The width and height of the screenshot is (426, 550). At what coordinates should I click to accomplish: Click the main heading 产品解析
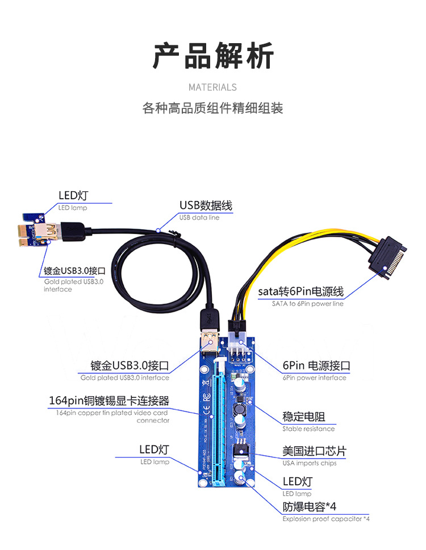[x=213, y=56]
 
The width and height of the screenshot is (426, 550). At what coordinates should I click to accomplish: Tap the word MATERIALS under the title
[x=212, y=87]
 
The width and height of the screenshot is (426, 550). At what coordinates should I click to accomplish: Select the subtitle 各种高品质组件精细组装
[x=212, y=108]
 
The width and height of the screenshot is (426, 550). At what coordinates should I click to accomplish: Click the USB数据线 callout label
[x=206, y=205]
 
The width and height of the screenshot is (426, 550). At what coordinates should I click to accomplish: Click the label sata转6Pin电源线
[x=300, y=292]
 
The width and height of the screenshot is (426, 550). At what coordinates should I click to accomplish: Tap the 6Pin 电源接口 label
[x=316, y=365]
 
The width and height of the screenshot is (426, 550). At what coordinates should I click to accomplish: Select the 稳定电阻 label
[x=304, y=417]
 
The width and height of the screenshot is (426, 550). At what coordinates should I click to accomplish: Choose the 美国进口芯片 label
[x=314, y=452]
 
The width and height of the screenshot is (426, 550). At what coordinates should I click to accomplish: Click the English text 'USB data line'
[x=199, y=217]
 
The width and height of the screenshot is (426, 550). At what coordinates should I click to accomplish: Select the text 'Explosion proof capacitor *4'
[x=326, y=519]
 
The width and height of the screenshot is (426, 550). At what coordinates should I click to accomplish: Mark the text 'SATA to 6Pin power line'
[x=307, y=304]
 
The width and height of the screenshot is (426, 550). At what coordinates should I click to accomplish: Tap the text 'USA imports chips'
[x=309, y=463]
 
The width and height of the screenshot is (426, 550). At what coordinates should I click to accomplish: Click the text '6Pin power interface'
[x=314, y=377]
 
